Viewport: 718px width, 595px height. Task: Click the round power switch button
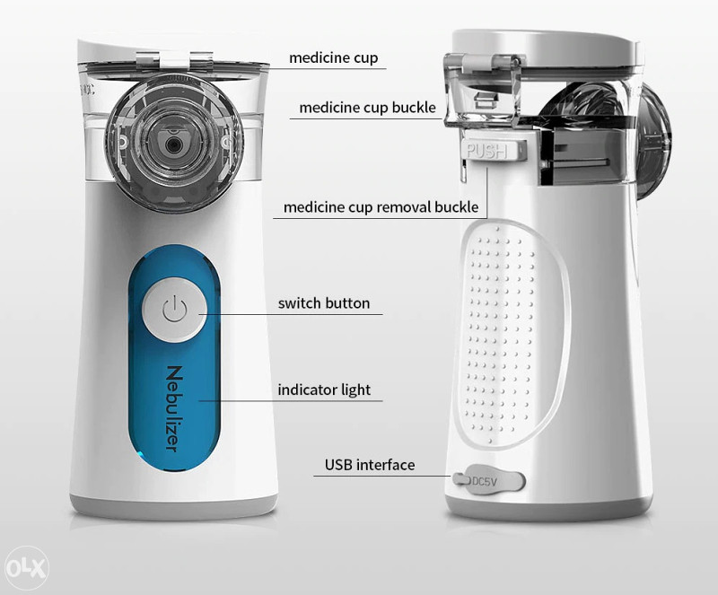pyautogui.click(x=174, y=311)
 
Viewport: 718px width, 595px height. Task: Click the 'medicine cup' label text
pyautogui.click(x=333, y=58)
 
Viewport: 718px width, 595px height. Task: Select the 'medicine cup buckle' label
pyautogui.click(x=366, y=108)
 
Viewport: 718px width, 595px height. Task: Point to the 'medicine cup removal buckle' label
pyautogui.click(x=381, y=207)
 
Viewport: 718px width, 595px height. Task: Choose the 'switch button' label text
pyautogui.click(x=323, y=303)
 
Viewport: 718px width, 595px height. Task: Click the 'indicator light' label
pyautogui.click(x=324, y=389)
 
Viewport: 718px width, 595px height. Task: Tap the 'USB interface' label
pyautogui.click(x=370, y=465)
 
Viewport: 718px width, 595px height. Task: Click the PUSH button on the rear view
pyautogui.click(x=486, y=150)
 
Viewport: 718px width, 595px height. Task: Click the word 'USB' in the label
pyautogui.click(x=338, y=465)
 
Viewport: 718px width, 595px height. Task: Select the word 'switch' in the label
pyautogui.click(x=300, y=303)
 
